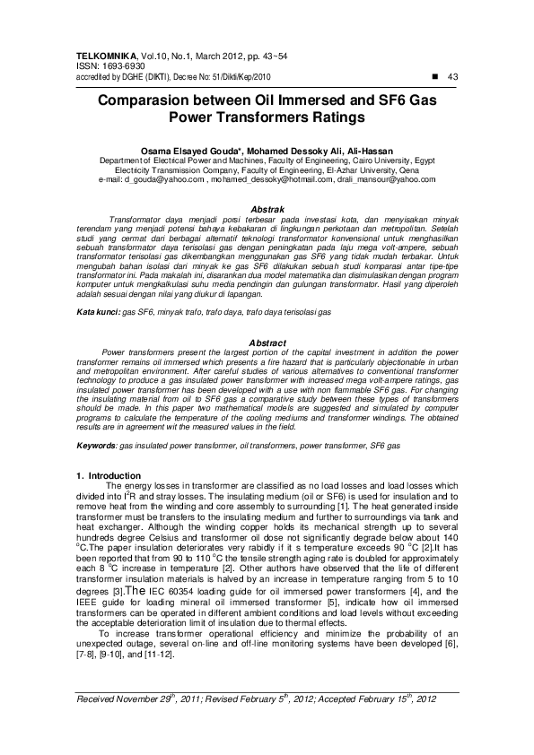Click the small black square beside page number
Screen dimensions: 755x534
pos(434,75)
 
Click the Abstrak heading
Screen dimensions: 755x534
pos(267,208)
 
